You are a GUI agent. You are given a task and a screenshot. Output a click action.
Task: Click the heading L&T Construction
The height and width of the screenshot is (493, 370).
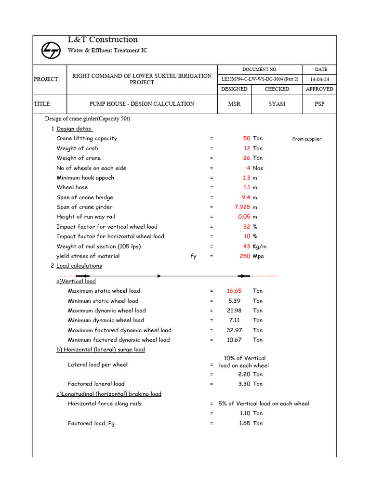point(103,39)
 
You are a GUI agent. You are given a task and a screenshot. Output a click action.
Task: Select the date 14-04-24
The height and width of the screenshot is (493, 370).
point(319,79)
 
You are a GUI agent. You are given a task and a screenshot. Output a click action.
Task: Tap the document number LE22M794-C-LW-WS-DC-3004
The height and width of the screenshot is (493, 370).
point(260,79)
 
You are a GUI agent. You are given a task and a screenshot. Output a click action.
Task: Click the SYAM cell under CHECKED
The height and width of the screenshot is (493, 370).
point(277,104)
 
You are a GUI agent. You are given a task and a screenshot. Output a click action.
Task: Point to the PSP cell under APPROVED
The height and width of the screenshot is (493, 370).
point(319,104)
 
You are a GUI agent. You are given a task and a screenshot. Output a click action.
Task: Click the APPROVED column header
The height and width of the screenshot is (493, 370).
point(319,89)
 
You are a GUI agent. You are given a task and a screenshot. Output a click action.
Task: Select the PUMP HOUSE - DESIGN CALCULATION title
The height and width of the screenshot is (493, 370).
point(142,104)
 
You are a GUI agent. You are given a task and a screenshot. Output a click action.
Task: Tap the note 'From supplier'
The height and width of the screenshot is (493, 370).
point(306,139)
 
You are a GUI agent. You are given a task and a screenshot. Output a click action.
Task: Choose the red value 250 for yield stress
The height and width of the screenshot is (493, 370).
point(245,256)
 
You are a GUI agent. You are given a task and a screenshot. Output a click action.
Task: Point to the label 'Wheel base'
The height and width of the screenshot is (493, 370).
point(72,187)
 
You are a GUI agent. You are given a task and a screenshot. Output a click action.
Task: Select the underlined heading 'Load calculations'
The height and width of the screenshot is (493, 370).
point(79,266)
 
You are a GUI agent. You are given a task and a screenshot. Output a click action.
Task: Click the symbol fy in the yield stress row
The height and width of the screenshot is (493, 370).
point(193,256)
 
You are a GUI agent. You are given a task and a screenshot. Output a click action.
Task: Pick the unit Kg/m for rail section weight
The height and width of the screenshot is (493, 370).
point(260,246)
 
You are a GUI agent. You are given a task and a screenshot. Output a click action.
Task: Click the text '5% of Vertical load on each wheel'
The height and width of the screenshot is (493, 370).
point(264,403)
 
